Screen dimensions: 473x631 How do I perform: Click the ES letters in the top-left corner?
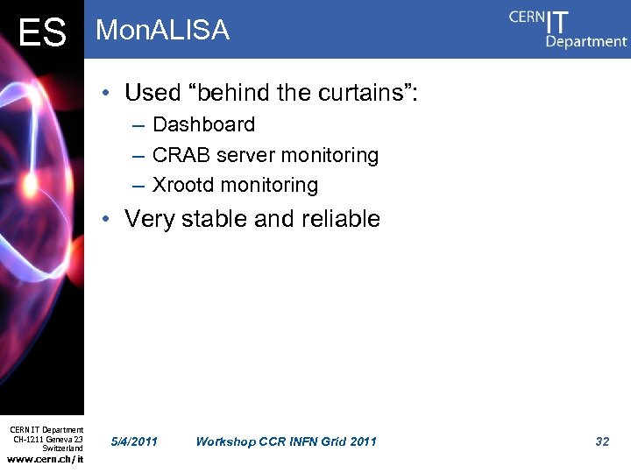pyautogui.click(x=42, y=33)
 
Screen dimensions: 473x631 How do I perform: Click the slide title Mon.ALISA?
pyautogui.click(x=162, y=31)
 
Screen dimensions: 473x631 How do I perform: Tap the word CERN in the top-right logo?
pyautogui.click(x=526, y=18)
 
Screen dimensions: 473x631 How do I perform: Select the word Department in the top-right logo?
pyautogui.click(x=586, y=40)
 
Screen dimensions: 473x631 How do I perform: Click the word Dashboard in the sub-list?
pyautogui.click(x=203, y=124)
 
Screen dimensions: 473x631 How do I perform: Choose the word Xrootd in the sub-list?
pyautogui.click(x=183, y=185)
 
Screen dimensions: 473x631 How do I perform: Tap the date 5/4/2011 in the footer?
pyautogui.click(x=136, y=441)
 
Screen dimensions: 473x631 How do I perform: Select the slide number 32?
pyautogui.click(x=602, y=441)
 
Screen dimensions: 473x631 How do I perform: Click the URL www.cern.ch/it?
pyautogui.click(x=46, y=458)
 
